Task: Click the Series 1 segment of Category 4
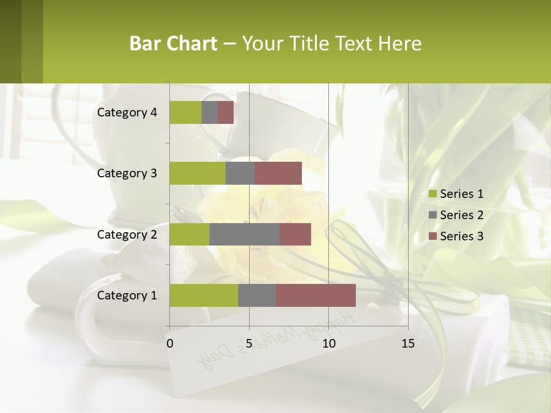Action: click(x=185, y=112)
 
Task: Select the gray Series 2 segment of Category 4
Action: click(x=209, y=112)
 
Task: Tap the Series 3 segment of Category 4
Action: click(x=226, y=112)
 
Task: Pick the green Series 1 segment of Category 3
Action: click(x=197, y=173)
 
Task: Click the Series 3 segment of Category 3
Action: click(x=278, y=173)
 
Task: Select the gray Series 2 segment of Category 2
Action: click(x=245, y=234)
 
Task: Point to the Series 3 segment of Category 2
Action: click(x=295, y=234)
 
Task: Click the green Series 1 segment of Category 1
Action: click(x=204, y=295)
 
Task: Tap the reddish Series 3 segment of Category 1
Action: click(x=316, y=295)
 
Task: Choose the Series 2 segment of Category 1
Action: click(x=257, y=295)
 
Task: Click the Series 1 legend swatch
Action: click(x=432, y=194)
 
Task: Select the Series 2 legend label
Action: click(x=461, y=215)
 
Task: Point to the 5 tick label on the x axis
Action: click(x=249, y=344)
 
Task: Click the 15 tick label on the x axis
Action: click(x=408, y=344)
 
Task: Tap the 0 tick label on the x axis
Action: click(x=169, y=344)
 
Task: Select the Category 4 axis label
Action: click(x=127, y=112)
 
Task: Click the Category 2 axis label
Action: click(x=127, y=234)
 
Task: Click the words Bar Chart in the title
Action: click(x=173, y=44)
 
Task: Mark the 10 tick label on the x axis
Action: click(x=328, y=344)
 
